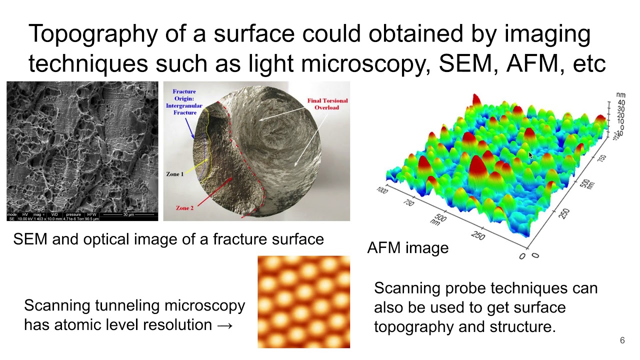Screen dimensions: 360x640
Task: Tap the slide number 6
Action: tap(622, 340)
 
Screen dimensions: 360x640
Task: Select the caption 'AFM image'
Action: tap(407, 247)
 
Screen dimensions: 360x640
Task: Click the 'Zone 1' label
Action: tap(175, 174)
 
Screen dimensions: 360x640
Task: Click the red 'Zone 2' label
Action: tap(185, 207)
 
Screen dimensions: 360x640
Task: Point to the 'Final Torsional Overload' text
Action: tap(327, 104)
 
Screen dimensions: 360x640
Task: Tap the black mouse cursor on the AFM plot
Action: tap(530, 155)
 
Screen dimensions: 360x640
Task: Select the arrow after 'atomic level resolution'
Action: tap(225, 325)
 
